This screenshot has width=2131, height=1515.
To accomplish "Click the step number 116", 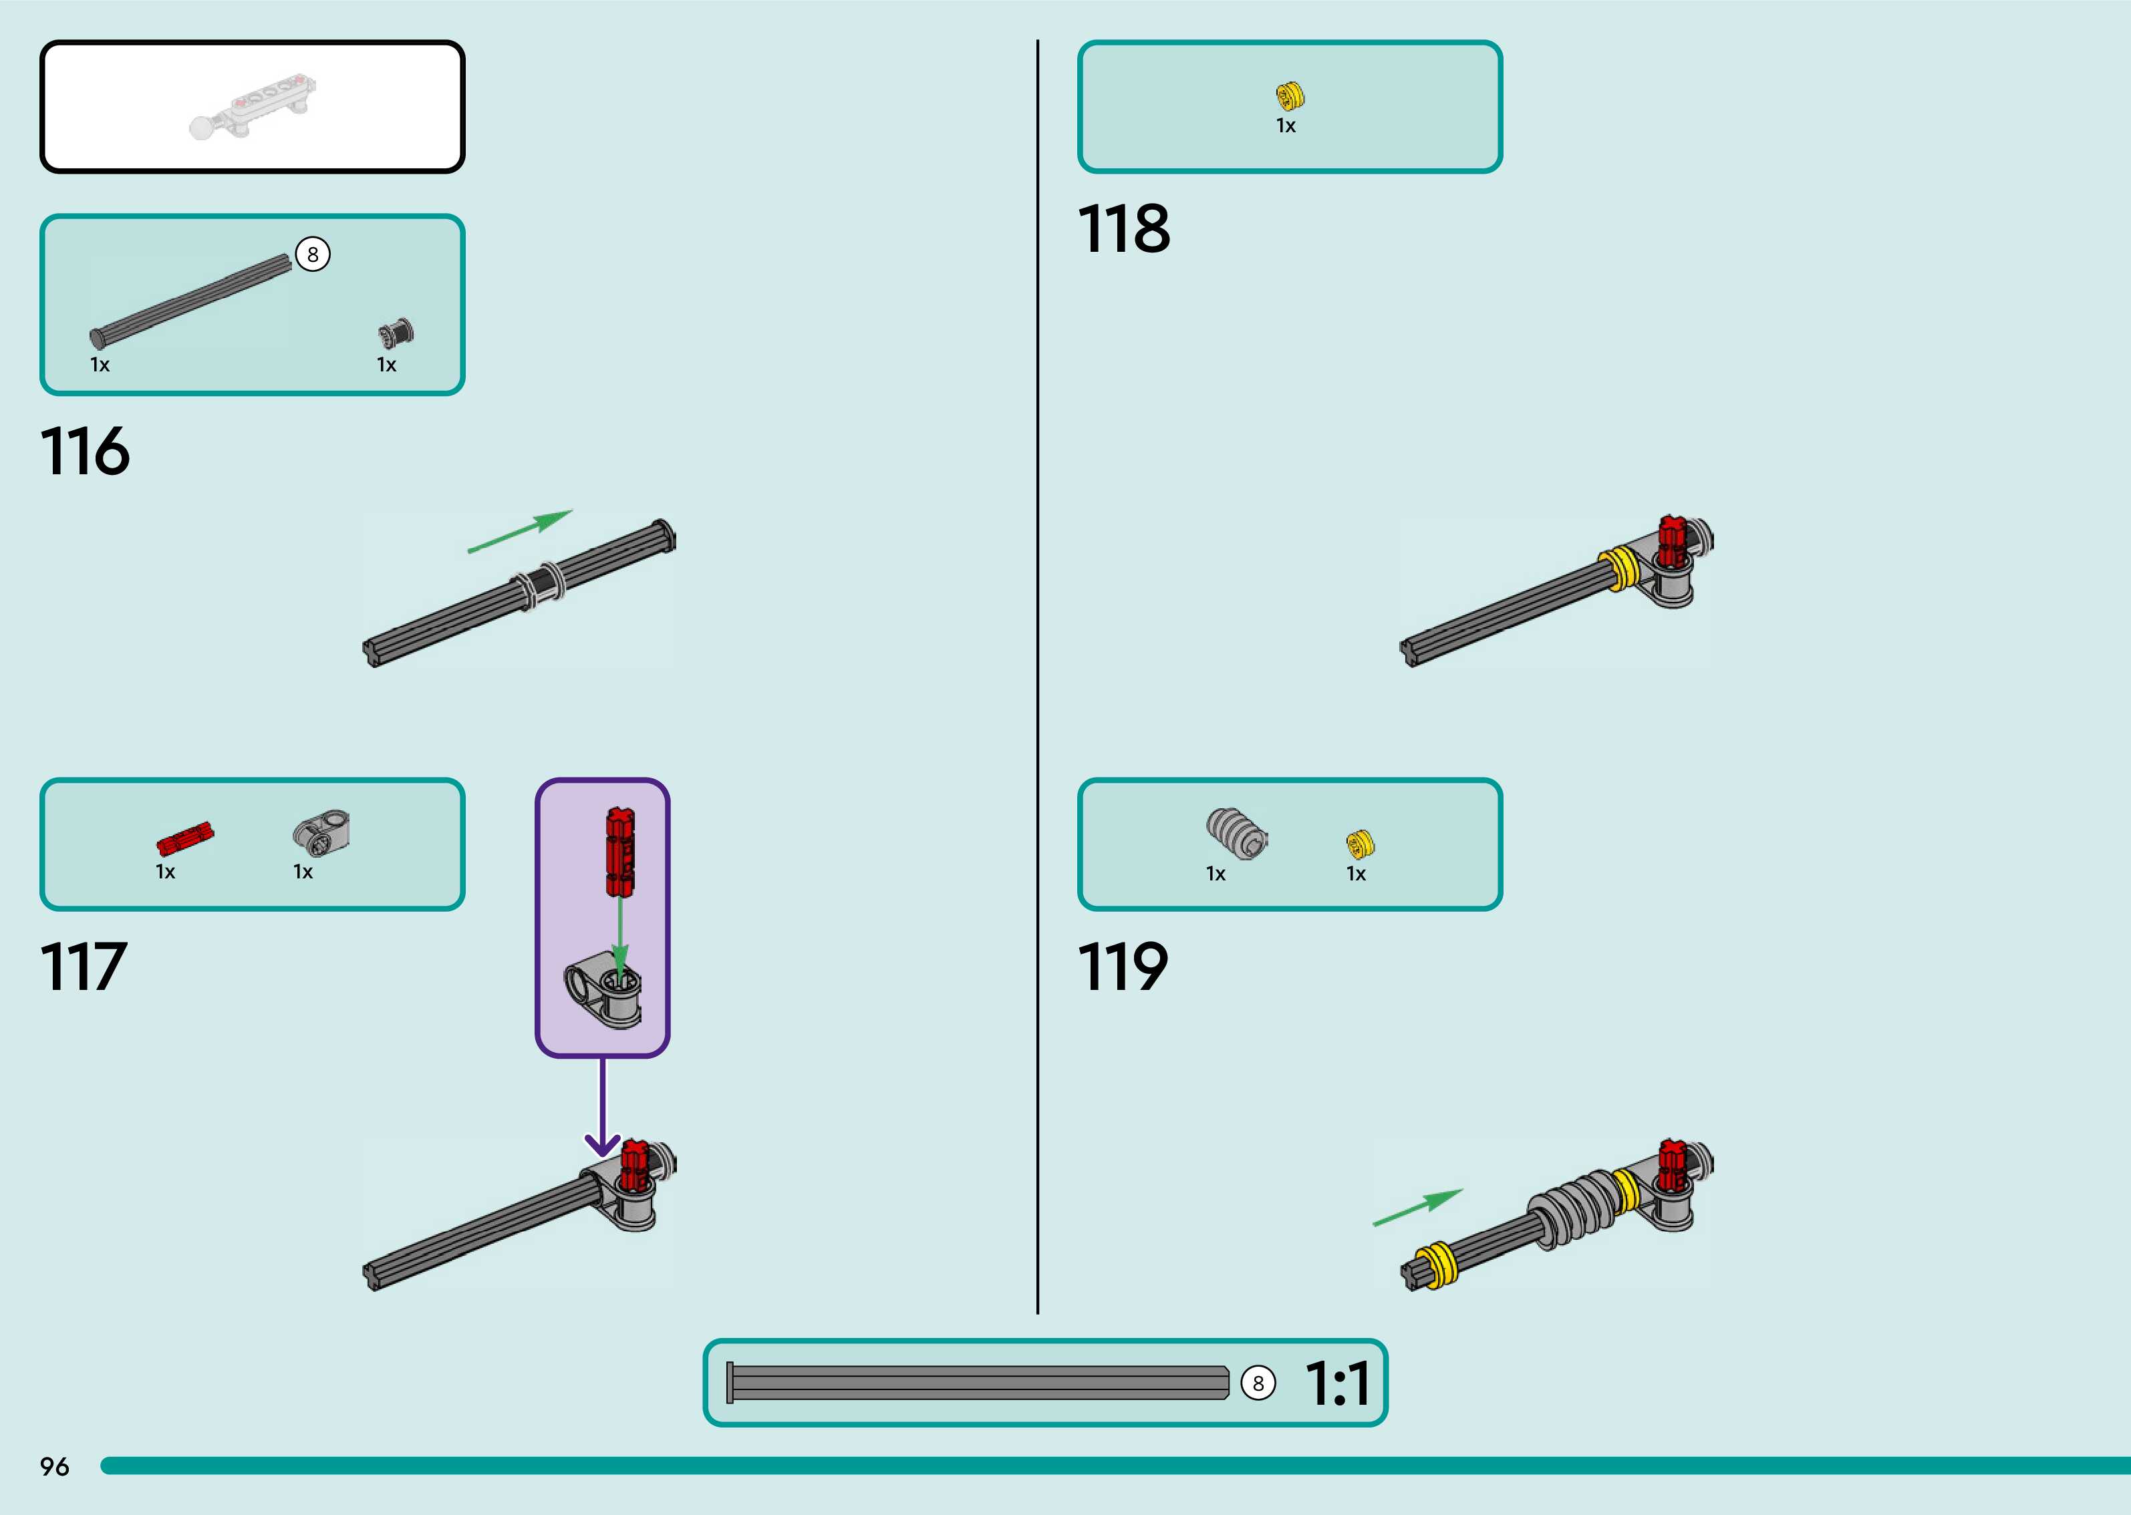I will [85, 452].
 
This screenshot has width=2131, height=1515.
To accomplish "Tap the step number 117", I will [83, 967].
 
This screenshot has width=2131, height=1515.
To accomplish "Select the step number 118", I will [1123, 228].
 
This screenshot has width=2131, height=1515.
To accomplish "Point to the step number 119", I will [1123, 967].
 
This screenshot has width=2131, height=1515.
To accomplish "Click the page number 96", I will [54, 1466].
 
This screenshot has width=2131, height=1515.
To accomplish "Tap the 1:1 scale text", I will [1337, 1383].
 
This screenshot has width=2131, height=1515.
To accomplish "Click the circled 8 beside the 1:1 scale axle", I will [1258, 1383].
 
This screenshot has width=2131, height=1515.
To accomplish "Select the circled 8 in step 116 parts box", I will [313, 254].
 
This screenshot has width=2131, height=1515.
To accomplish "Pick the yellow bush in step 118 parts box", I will [1290, 95].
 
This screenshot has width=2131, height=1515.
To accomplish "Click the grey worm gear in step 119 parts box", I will [1236, 833].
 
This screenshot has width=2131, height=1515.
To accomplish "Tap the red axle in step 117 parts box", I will [184, 839].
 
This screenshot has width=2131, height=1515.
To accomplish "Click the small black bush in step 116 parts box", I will [396, 333].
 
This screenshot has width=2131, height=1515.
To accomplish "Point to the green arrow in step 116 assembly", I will [520, 531].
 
